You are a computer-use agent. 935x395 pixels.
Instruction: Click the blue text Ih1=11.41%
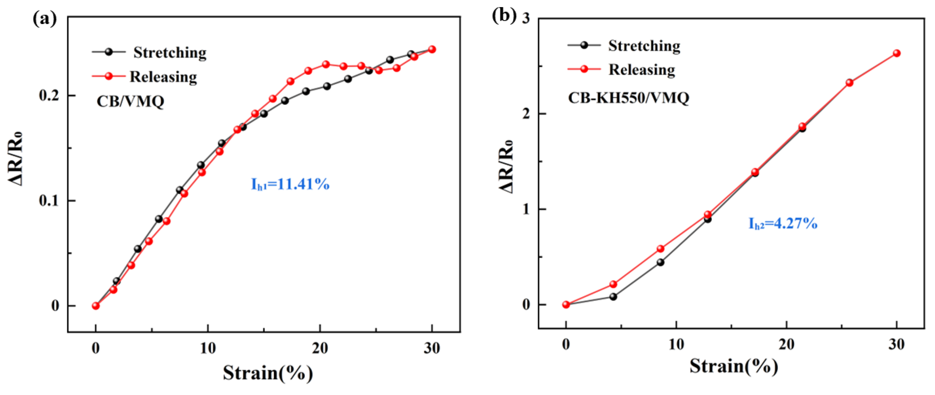point(290,185)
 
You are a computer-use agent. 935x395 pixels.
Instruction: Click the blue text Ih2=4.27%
point(783,223)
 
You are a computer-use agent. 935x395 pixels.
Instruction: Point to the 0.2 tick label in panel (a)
point(49,96)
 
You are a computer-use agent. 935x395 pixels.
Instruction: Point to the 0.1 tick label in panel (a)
point(49,201)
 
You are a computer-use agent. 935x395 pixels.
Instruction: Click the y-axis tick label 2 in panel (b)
point(525,114)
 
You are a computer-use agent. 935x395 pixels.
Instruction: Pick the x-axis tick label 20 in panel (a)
point(320,348)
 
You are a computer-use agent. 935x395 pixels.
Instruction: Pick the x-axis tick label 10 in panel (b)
point(676,345)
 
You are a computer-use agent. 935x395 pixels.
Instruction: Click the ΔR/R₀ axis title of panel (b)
point(506,166)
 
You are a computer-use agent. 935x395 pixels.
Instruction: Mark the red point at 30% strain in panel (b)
point(896,53)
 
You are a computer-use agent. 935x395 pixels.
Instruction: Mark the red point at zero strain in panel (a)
point(96,306)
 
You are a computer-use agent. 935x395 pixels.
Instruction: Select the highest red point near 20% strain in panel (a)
point(326,65)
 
